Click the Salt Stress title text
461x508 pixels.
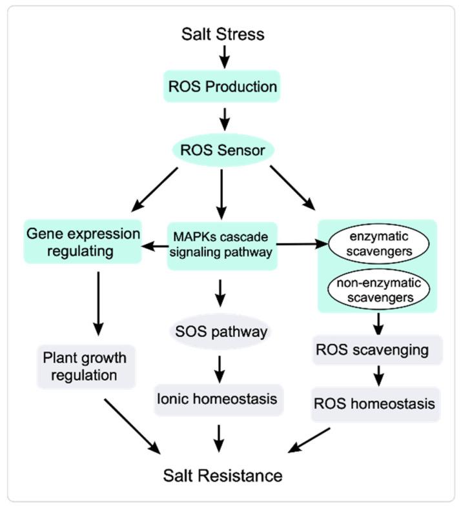click(223, 34)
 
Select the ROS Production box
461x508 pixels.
click(222, 86)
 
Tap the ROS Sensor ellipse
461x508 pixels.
click(223, 150)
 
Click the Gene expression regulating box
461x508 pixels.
click(83, 241)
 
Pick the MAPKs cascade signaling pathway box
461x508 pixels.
click(222, 246)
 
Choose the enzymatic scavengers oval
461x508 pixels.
click(379, 244)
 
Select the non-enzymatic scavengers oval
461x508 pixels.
click(379, 290)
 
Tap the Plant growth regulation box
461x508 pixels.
click(86, 367)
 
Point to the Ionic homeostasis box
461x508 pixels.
click(219, 400)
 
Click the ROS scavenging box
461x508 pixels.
click(377, 350)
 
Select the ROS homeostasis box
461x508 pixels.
click(376, 404)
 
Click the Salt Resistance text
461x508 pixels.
click(223, 476)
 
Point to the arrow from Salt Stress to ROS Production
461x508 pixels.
click(225, 57)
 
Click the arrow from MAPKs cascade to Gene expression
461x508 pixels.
click(155, 247)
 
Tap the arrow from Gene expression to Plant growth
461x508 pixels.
click(98, 304)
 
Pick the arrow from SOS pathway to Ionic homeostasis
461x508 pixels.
click(220, 370)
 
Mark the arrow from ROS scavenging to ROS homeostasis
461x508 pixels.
click(379, 376)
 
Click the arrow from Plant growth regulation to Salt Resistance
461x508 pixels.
click(132, 427)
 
